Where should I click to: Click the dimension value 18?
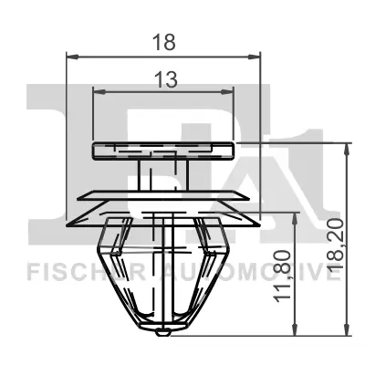pos(164,40)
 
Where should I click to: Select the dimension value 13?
pos(164,80)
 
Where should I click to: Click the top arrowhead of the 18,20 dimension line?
pos(346,146)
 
